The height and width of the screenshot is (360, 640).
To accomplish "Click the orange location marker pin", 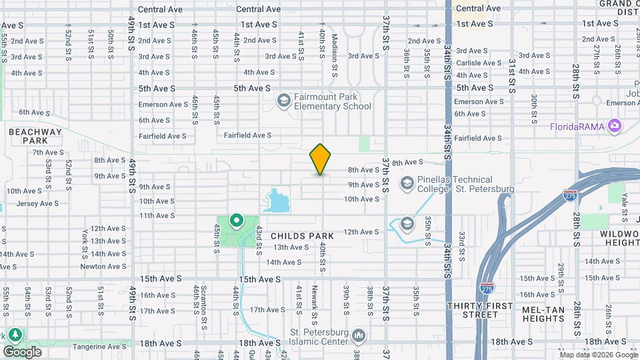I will point(320,159).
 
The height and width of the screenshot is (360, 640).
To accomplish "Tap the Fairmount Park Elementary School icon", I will point(283,101).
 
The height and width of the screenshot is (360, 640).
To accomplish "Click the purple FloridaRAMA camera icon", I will point(614,126).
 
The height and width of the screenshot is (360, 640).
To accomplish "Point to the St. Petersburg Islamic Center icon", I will point(359,333).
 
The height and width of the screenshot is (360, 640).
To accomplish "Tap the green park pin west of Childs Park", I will point(236,220).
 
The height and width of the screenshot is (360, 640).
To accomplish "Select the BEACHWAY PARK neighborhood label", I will point(35,136).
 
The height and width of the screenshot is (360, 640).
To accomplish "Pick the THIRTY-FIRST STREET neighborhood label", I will point(479,310).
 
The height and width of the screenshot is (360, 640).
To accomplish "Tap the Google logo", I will point(21,351).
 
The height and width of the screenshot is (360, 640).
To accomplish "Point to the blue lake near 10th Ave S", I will point(277,200).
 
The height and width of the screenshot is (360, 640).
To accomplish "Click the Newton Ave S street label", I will point(103,267).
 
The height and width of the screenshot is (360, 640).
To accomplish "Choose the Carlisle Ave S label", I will point(479,63).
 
